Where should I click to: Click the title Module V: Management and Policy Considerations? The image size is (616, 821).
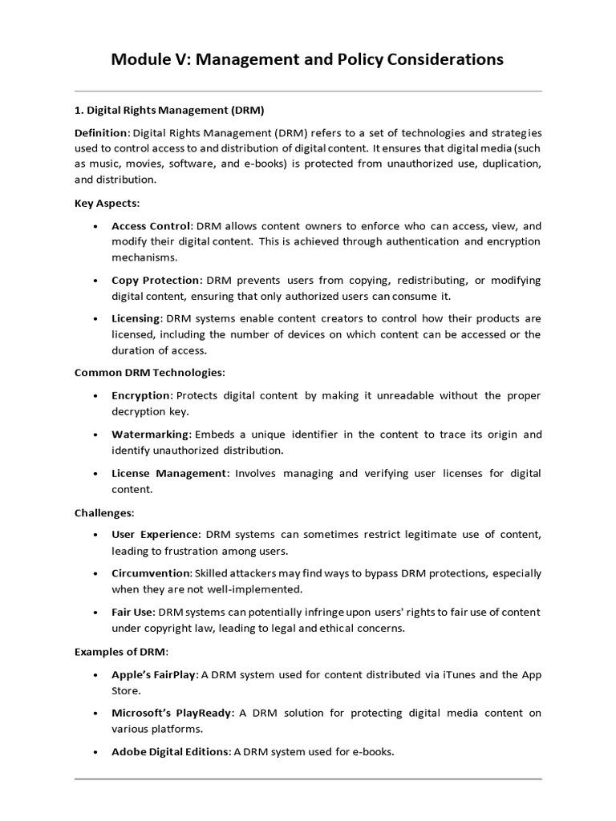(x=307, y=59)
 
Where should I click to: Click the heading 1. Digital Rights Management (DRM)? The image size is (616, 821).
(x=169, y=110)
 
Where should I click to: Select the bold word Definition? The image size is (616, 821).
(x=100, y=132)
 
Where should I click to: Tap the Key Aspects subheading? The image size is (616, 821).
(x=107, y=203)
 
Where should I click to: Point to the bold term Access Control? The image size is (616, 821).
(x=151, y=226)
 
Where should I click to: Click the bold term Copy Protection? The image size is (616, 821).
(x=156, y=280)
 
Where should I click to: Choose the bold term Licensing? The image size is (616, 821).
(x=136, y=318)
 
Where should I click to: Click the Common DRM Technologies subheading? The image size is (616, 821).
(x=149, y=373)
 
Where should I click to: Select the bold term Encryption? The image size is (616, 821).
(x=141, y=395)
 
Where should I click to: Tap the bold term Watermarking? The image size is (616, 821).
(x=150, y=434)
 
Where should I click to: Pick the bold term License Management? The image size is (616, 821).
(x=169, y=473)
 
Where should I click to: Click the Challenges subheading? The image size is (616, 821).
(x=104, y=512)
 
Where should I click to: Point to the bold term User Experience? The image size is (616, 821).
(x=156, y=534)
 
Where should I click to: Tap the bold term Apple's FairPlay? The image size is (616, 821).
(x=153, y=673)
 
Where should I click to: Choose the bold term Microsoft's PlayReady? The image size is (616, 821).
(x=170, y=713)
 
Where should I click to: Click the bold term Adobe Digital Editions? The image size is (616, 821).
(x=171, y=752)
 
